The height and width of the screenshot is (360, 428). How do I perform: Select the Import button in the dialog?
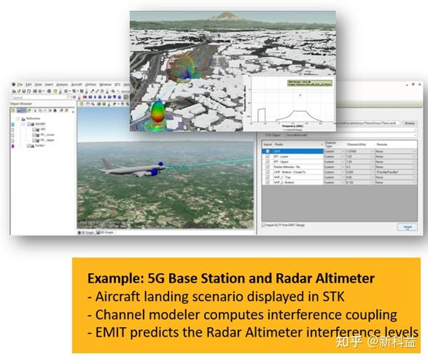click(x=405, y=227)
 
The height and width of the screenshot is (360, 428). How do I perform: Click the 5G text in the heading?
click(x=155, y=279)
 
